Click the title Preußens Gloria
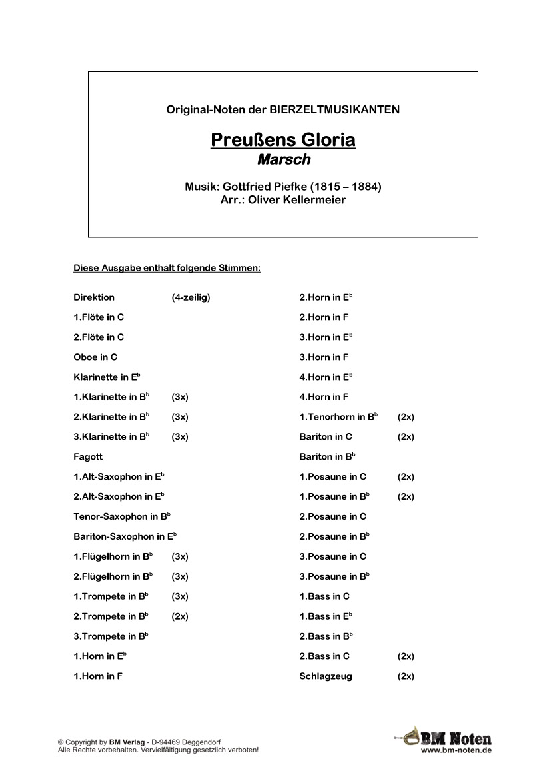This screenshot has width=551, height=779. pos(282,140)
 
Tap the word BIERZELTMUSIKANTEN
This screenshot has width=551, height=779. pos(334,109)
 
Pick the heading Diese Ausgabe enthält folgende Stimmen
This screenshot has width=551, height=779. pos(167,269)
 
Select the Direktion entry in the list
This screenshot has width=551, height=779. pos(94,297)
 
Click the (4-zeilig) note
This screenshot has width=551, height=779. pos(191,297)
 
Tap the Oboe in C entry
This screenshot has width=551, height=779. pos(95,357)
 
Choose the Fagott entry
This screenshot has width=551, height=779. pos(88,457)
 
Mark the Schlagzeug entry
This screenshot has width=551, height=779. pos(326,676)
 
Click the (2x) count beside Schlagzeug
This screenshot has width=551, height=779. pos(406,676)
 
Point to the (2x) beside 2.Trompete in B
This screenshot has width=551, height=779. pos(180,616)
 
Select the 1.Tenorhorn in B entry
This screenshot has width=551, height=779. pos(338,417)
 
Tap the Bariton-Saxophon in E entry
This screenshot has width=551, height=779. pos(124,536)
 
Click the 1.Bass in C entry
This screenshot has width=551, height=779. pos(324,596)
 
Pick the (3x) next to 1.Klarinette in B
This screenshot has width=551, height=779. pos(180,397)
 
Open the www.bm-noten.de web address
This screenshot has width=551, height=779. pos(456,750)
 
